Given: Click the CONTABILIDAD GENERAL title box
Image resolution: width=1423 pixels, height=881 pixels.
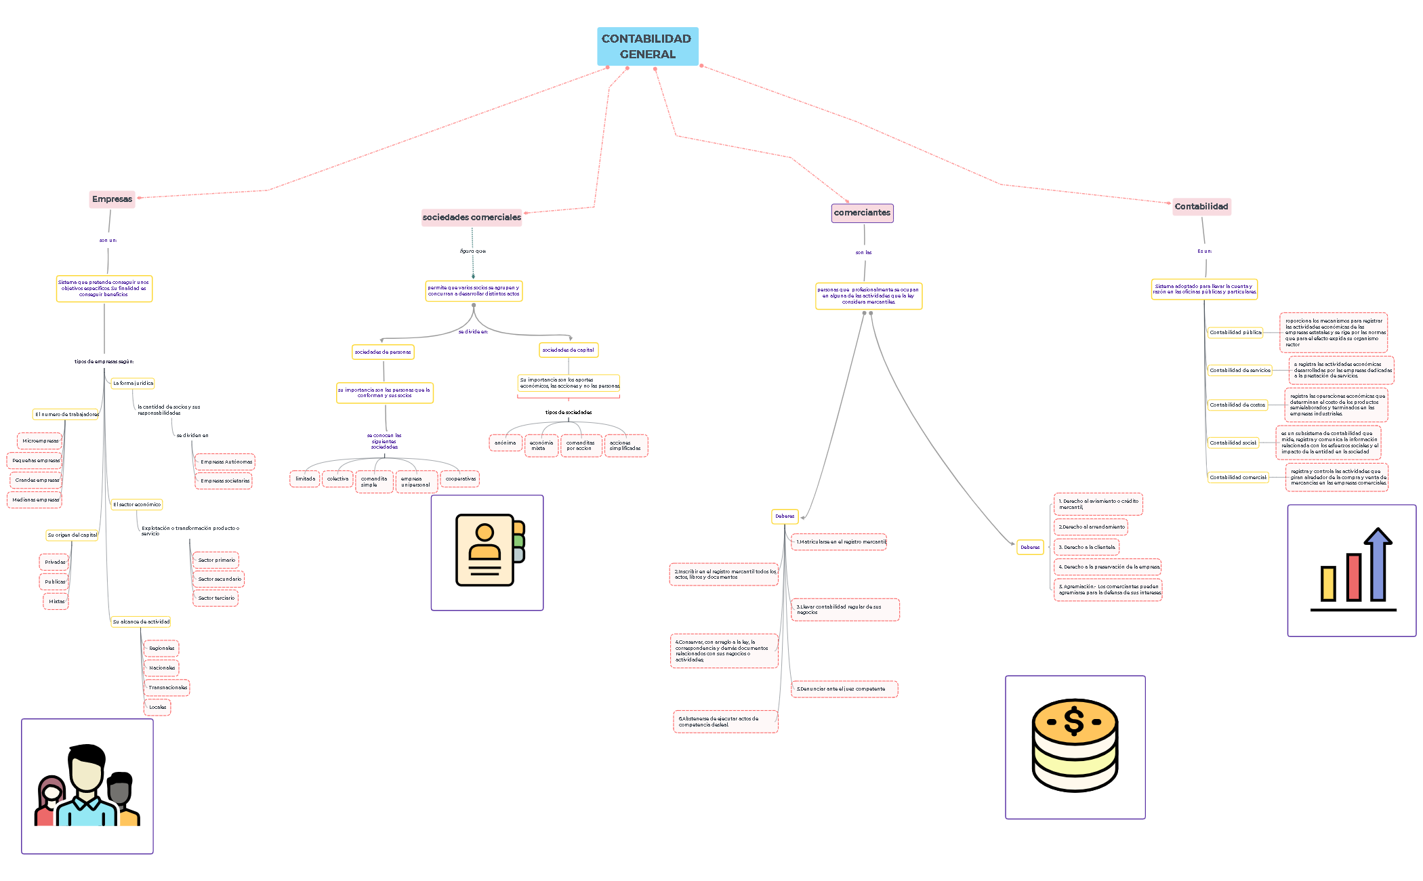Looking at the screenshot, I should [x=647, y=46].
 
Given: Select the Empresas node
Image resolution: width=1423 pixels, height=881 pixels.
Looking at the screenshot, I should [x=112, y=199].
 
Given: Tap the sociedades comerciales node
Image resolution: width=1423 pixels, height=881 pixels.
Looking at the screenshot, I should [x=472, y=218].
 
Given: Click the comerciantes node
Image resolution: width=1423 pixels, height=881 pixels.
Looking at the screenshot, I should [x=862, y=213].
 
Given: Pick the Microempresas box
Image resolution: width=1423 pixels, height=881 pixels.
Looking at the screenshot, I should [x=40, y=441].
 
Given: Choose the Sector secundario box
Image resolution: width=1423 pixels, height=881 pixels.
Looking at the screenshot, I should [x=219, y=579].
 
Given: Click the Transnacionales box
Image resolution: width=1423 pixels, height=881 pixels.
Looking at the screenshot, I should [x=167, y=688].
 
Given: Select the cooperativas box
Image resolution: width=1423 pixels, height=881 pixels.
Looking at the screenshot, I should [x=460, y=479].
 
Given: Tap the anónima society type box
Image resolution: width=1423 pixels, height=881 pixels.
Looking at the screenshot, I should [x=505, y=443].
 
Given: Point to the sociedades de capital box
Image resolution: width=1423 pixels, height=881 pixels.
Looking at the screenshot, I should [x=568, y=350].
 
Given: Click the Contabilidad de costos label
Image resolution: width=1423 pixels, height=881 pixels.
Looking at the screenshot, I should [x=1237, y=405].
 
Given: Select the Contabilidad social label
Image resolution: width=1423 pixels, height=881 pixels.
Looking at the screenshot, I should [x=1233, y=443].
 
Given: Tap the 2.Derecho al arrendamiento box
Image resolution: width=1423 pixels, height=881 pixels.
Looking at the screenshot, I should [x=1091, y=527].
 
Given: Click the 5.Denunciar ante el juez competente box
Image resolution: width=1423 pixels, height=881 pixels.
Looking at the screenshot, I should [x=844, y=689].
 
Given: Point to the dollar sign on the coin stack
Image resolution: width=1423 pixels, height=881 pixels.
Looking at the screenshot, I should [x=1074, y=720].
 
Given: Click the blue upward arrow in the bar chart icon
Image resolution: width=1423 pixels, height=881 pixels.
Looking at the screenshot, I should [x=1378, y=562].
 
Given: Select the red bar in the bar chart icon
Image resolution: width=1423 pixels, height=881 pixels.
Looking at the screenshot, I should [x=1353, y=577].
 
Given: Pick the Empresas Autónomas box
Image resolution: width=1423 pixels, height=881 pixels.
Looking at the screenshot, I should [x=226, y=462].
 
